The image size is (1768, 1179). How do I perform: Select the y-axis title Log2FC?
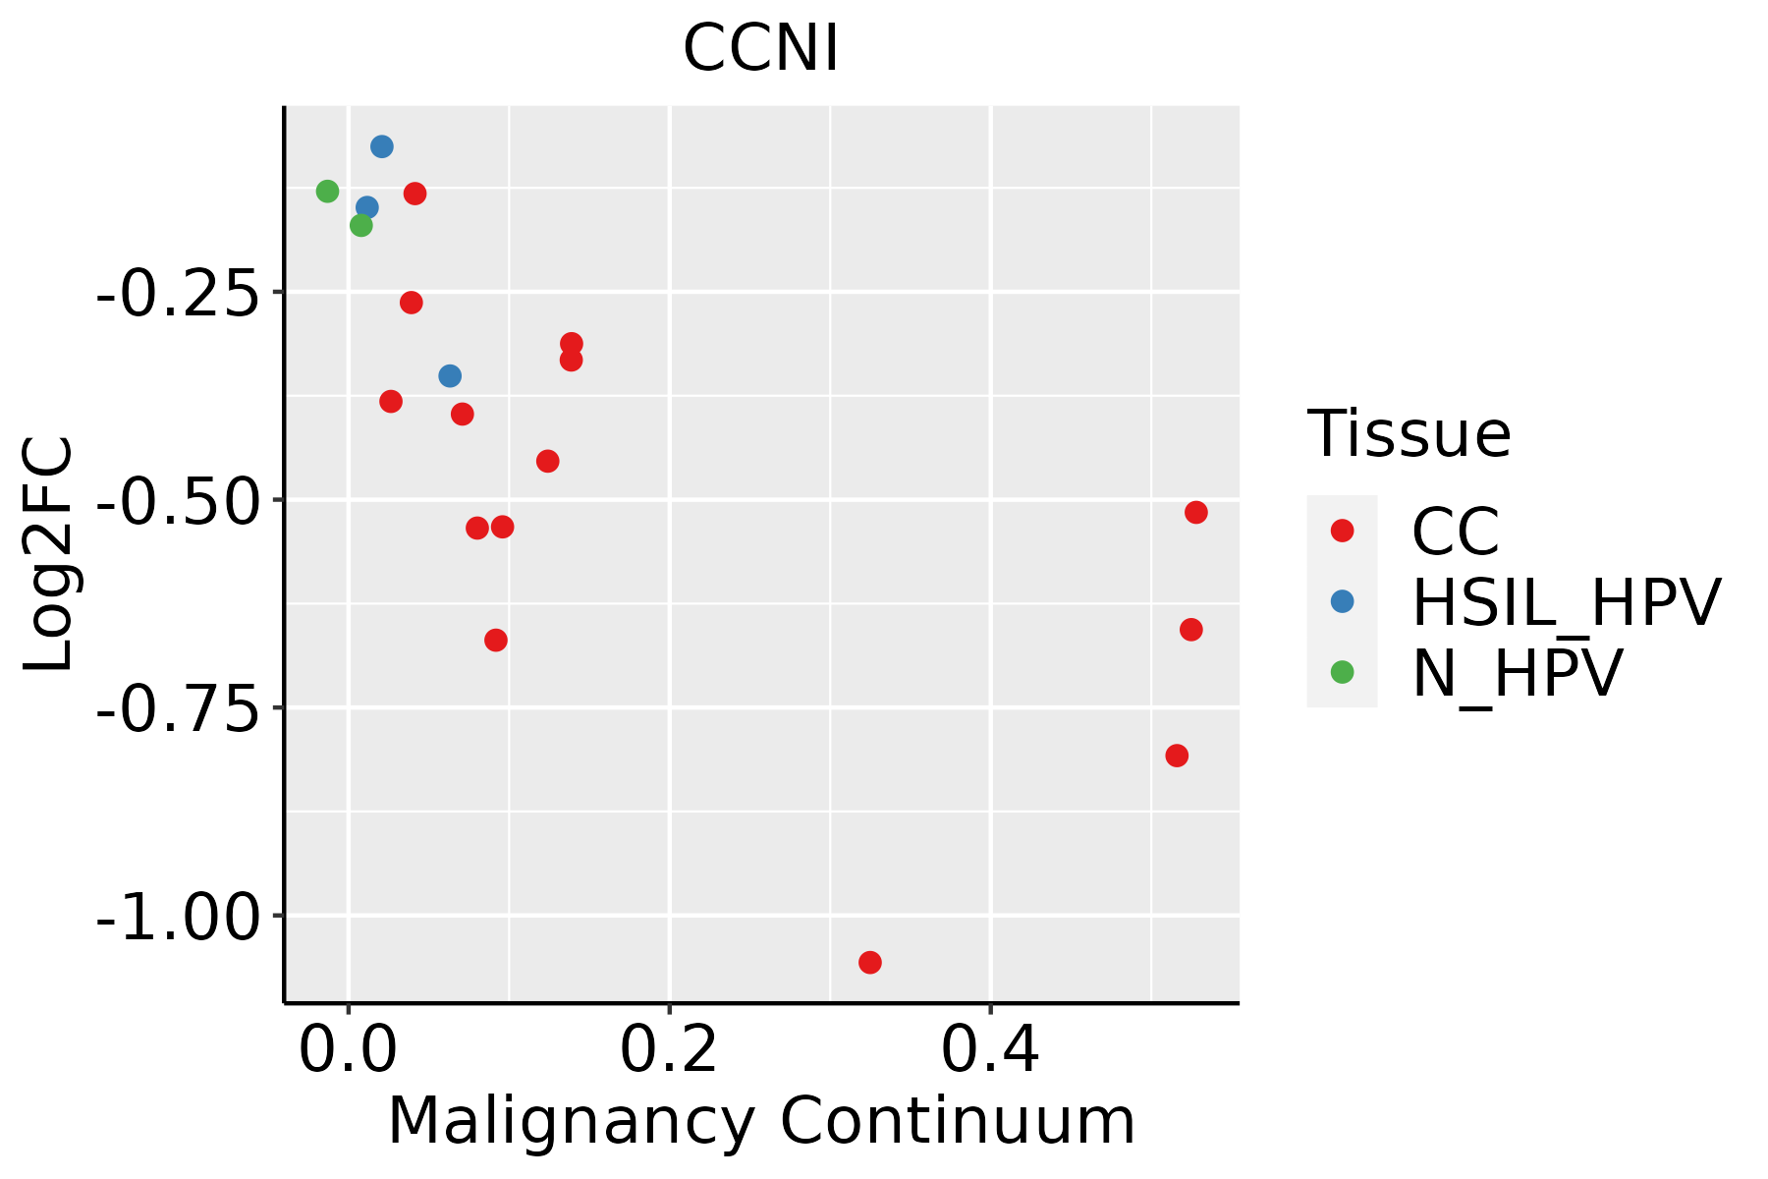49,555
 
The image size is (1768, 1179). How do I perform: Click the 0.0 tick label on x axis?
348,1051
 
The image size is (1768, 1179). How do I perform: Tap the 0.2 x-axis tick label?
669,1051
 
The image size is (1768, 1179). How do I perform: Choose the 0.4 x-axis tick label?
990,1051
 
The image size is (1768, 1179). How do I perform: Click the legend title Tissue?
1409,433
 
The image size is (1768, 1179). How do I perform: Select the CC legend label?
1456,532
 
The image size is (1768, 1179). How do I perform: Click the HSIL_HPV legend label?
1566,602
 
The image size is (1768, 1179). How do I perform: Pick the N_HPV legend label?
1517,673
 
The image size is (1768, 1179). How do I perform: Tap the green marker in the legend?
1342,672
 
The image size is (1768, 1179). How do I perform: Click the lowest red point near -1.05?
869,962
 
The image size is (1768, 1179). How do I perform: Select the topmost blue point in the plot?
382,146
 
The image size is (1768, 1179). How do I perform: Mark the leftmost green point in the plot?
328,191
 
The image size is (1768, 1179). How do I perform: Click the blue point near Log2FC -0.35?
450,375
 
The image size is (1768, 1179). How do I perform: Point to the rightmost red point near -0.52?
1195,512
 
